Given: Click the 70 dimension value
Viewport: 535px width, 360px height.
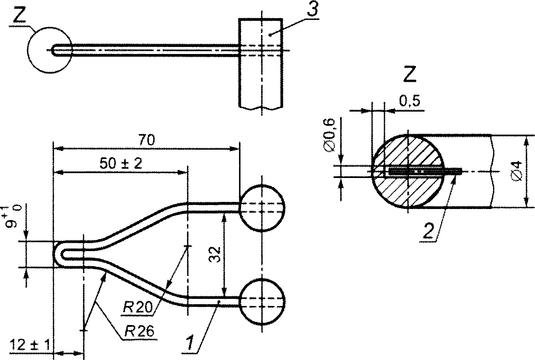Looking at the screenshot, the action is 147,140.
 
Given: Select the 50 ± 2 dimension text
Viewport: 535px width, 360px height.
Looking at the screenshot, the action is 120,164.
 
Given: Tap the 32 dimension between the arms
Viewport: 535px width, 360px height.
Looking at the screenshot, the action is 214,255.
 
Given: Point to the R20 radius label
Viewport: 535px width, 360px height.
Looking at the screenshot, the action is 137,307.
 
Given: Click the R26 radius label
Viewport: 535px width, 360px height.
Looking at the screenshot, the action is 140,331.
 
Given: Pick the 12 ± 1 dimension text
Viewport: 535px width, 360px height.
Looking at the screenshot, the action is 30,345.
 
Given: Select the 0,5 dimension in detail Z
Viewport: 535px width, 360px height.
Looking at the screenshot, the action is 409,101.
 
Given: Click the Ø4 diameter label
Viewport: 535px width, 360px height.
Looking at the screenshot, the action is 516,171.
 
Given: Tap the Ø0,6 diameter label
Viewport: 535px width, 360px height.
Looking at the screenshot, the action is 330,135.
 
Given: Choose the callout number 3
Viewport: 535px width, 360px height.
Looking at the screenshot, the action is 313,10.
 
